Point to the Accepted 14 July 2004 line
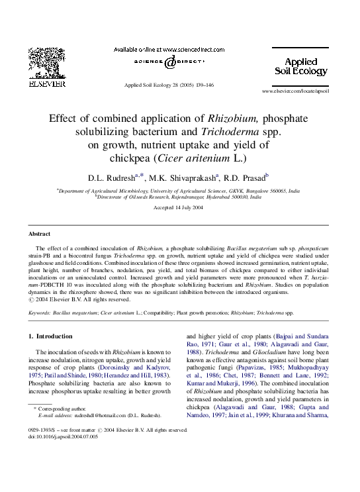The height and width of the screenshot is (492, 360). click(178, 207)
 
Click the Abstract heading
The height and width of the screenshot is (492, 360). click(40, 234)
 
